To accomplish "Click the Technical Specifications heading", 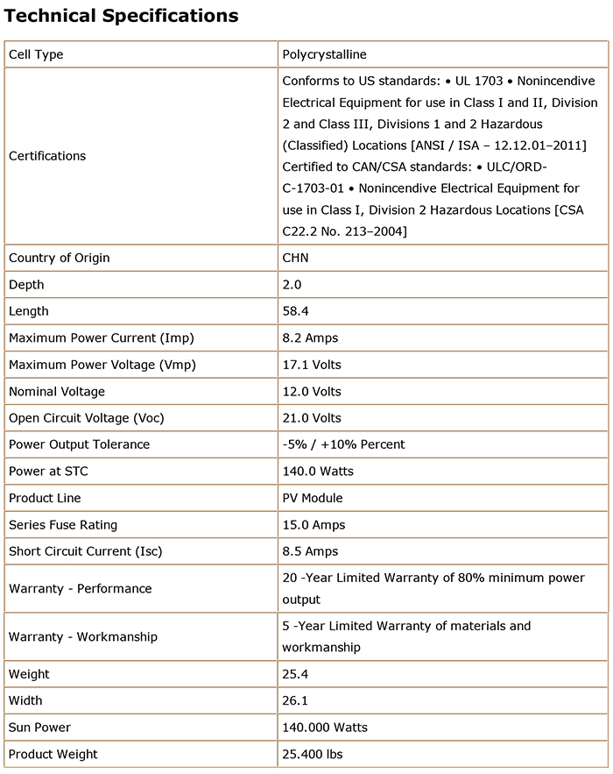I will (x=122, y=16).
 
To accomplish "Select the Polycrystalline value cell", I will (x=324, y=54).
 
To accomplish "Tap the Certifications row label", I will (x=47, y=156).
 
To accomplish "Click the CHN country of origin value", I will (x=295, y=258).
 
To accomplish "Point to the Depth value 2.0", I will (x=292, y=285).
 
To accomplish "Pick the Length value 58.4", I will (x=294, y=311).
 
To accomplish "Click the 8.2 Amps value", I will (x=310, y=337).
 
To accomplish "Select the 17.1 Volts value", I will (x=312, y=365).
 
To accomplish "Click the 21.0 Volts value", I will (x=312, y=418).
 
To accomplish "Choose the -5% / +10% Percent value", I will (x=343, y=444).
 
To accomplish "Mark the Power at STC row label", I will (x=48, y=472).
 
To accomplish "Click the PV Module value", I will (x=313, y=498).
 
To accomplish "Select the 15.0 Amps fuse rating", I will (x=314, y=525).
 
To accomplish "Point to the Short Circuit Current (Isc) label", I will (x=86, y=551).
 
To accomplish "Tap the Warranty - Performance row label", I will (x=81, y=589).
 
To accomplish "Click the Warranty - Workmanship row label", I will (x=83, y=636).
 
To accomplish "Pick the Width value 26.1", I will (x=294, y=700).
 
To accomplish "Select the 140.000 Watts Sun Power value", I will (x=325, y=728).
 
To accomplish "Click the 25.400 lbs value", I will (x=313, y=754).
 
